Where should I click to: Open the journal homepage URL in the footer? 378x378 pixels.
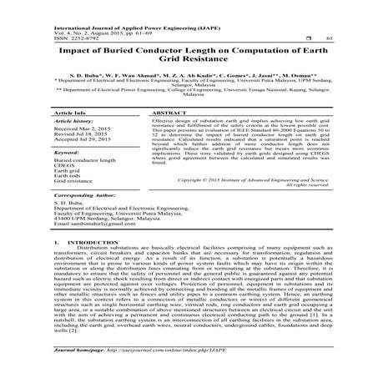[x=167, y=365]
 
